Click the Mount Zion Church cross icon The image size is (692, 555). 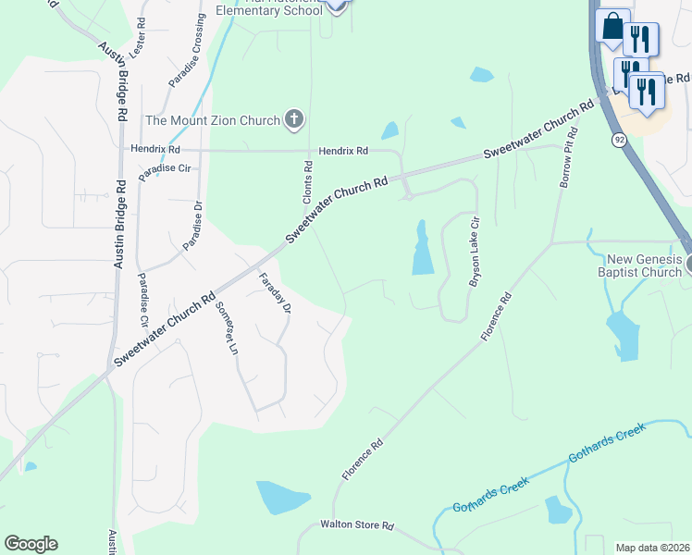[294, 118]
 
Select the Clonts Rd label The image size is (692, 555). [309, 179]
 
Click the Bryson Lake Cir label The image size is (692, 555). [476, 253]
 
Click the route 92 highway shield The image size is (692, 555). [617, 139]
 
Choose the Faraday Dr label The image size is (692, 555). [276, 292]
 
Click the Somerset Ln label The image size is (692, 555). [227, 328]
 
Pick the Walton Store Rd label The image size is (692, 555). [357, 525]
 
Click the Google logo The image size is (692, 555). [31, 544]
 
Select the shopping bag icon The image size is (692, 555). [612, 27]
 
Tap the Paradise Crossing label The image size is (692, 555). [187, 53]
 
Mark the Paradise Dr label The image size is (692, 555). [192, 227]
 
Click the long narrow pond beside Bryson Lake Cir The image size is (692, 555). [422, 248]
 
